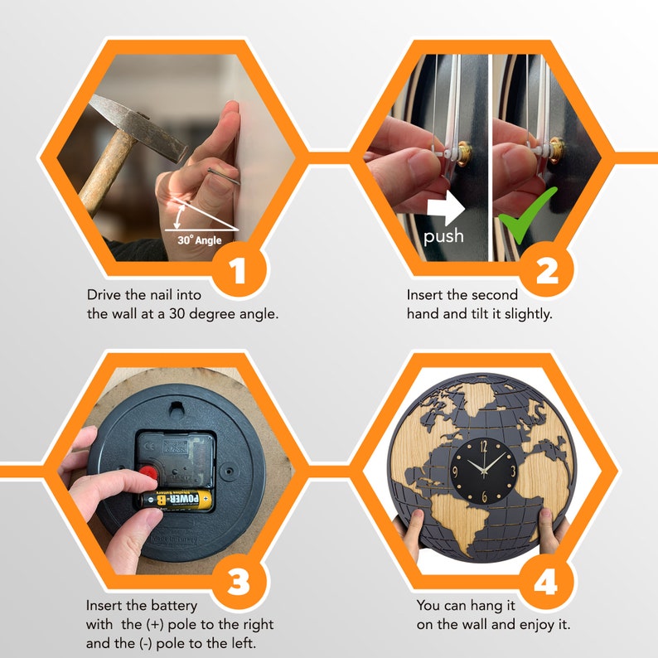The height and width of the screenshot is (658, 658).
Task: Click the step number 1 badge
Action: click(239, 269)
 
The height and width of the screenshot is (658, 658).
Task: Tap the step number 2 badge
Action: click(547, 269)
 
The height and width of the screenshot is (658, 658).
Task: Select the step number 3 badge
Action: click(239, 581)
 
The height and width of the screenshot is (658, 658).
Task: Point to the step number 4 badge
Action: click(547, 581)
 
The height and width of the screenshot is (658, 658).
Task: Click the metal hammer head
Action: click(138, 127)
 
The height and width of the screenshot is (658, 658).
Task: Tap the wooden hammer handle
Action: click(106, 172)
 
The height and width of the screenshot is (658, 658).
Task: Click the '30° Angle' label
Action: click(200, 240)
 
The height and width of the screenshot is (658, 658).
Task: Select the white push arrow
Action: click(446, 208)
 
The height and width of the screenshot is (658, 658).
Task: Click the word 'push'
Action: click(443, 236)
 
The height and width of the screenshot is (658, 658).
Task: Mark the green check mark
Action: click(528, 215)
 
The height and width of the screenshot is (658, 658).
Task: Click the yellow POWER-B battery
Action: click(177, 500)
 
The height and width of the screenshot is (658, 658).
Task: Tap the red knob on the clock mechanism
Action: click(148, 473)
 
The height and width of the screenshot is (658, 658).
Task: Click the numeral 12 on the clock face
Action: click(484, 447)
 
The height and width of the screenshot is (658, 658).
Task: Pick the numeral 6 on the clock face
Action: click(484, 497)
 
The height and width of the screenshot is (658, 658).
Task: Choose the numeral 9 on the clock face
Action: click(455, 472)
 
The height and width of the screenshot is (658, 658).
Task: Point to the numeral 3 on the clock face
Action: click(513, 471)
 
